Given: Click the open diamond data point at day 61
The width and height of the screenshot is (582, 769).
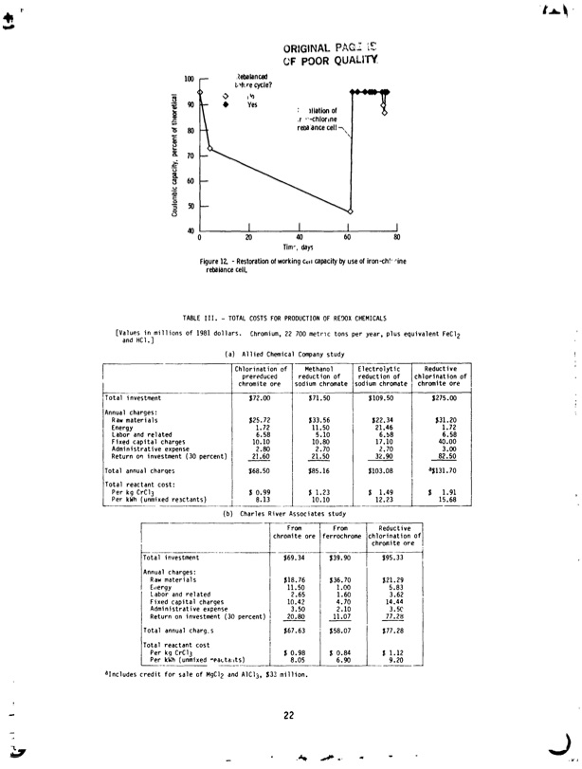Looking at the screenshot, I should (x=350, y=211).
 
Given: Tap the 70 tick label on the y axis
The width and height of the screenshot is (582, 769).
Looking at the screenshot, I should (x=190, y=156).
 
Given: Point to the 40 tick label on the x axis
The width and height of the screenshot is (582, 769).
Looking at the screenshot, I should (x=300, y=237).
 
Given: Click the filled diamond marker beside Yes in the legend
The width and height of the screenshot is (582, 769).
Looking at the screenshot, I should (x=226, y=105).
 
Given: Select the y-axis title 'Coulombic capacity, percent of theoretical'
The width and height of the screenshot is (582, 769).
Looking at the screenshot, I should (x=176, y=156).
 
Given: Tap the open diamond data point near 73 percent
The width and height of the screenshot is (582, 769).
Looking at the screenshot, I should (x=210, y=149).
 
